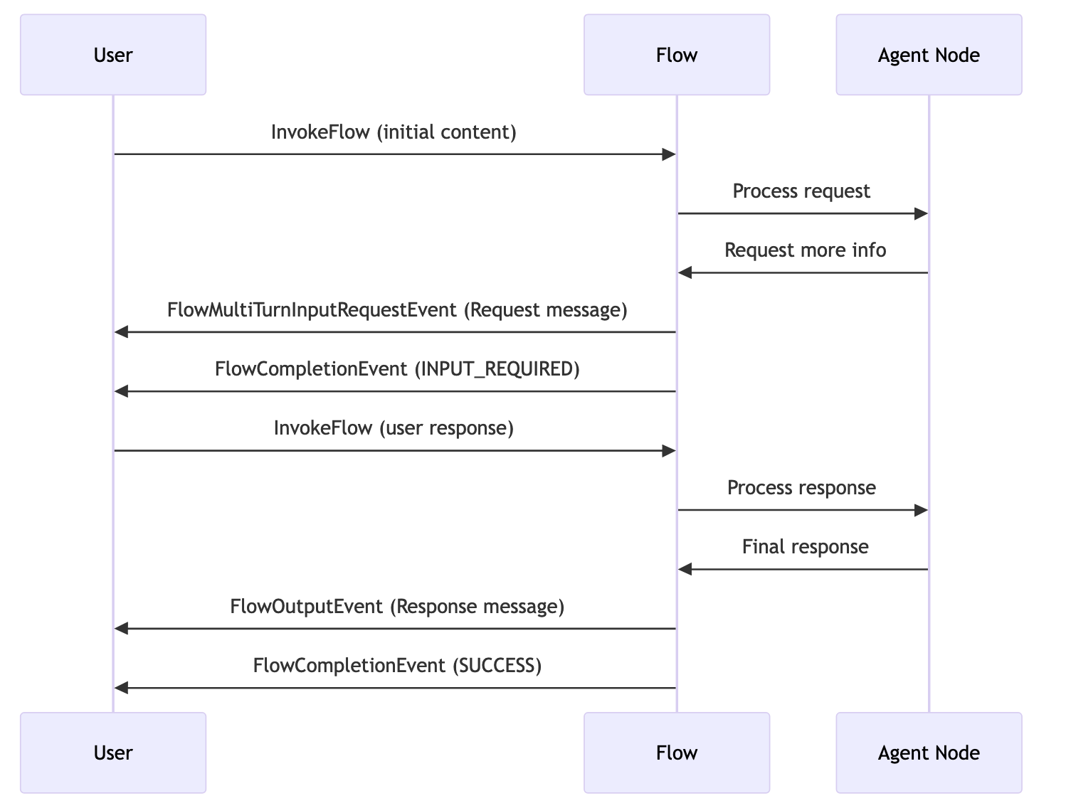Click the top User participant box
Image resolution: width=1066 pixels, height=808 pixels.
pos(113,55)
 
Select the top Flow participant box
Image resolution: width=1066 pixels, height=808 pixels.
pos(676,55)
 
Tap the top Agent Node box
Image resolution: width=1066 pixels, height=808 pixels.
pos(928,55)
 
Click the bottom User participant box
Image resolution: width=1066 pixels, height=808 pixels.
pos(113,753)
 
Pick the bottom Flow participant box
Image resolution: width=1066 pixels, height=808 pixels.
pos(676,753)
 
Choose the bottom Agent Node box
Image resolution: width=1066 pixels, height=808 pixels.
pos(928,753)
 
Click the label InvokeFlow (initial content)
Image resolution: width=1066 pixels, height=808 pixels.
pos(394,132)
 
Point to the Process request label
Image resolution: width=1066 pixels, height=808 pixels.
pos(801,191)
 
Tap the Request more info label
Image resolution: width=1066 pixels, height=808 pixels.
pos(805,250)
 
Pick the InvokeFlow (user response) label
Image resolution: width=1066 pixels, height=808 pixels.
pos(394,428)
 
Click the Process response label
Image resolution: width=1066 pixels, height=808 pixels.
pos(801,488)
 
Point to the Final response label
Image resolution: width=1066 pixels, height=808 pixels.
pos(805,547)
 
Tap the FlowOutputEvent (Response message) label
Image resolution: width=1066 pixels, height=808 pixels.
pos(397,607)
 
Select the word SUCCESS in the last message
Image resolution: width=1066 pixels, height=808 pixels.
pos(497,666)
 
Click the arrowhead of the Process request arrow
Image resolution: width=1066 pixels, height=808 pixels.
pos(921,213)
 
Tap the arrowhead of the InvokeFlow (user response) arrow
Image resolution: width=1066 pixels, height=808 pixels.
pos(668,451)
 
